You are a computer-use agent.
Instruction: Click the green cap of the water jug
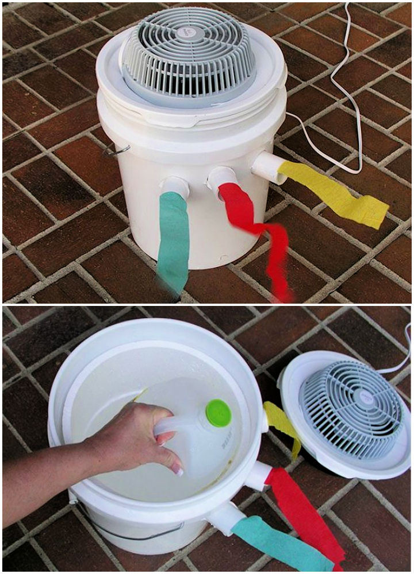click(x=218, y=413)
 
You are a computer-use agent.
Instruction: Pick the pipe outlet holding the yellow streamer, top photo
click(x=268, y=166)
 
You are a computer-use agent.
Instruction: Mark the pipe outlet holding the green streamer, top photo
click(x=174, y=187)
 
